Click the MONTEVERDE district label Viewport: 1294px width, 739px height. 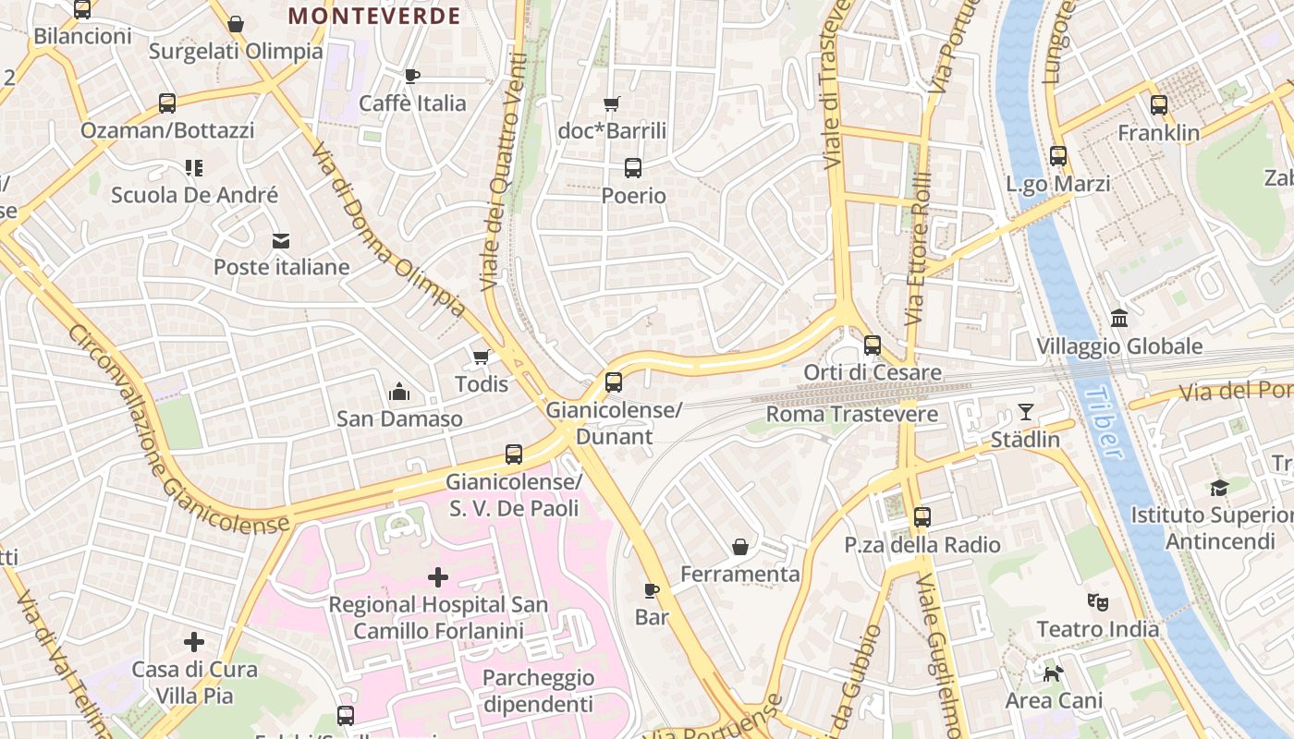coord(374,16)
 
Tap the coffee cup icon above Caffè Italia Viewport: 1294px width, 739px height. coord(412,76)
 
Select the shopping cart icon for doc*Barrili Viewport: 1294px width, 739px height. coord(611,103)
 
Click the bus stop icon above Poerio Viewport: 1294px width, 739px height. coord(633,168)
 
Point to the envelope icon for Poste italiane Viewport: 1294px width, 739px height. coord(281,241)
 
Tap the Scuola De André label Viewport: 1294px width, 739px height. coord(194,195)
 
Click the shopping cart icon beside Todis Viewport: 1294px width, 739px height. coord(481,357)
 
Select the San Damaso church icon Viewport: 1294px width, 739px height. coord(399,393)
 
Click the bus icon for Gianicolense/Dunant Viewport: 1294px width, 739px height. coord(614,382)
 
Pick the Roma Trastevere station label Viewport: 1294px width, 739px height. coord(851,414)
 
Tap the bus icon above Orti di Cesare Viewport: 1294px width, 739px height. coord(873,345)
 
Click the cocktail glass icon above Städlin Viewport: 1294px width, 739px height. coord(1026,412)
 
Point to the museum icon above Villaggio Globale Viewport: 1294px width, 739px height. coord(1119,319)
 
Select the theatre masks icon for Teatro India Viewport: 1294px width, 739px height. coord(1097,602)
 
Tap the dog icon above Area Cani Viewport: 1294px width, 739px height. coord(1053,673)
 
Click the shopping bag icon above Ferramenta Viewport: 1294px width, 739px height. coord(740,547)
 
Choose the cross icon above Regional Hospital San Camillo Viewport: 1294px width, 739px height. coord(438,578)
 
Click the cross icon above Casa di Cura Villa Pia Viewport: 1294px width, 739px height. coord(194,642)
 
